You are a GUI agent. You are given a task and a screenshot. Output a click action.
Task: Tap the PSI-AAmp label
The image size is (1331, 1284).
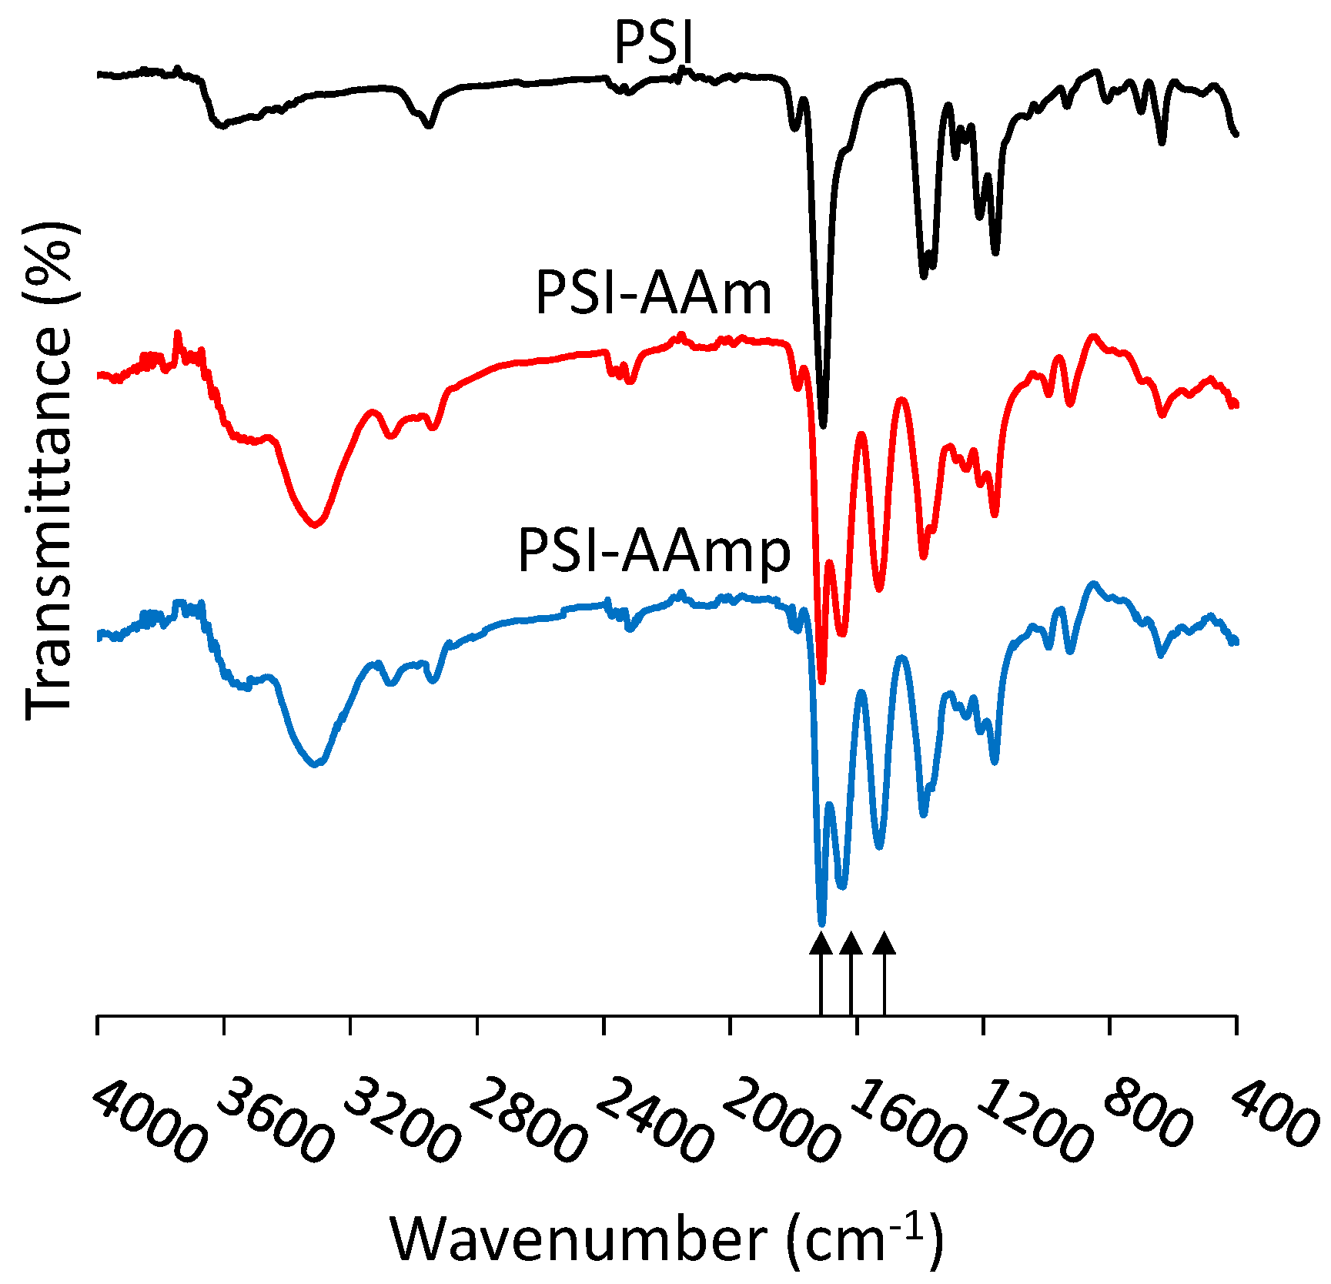[654, 553]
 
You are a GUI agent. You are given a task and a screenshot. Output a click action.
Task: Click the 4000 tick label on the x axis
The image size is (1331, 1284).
[149, 1119]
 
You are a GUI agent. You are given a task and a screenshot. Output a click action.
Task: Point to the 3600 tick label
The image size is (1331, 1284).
[275, 1119]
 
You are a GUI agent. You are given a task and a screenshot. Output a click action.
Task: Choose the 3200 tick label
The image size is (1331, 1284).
[400, 1119]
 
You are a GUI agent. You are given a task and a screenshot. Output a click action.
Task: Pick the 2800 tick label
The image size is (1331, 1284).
[527, 1119]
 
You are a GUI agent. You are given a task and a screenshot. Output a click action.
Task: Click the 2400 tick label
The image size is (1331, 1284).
[654, 1119]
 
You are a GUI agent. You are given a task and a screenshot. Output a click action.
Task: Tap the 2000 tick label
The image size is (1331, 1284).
[780, 1119]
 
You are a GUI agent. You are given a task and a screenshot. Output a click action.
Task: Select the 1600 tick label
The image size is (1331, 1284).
[906, 1119]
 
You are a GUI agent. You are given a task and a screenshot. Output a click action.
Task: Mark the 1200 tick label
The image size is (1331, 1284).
[1033, 1119]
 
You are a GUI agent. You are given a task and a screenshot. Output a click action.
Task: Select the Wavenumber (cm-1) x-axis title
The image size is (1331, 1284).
[667, 1237]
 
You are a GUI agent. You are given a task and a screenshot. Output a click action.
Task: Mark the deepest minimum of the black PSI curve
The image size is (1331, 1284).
[823, 424]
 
